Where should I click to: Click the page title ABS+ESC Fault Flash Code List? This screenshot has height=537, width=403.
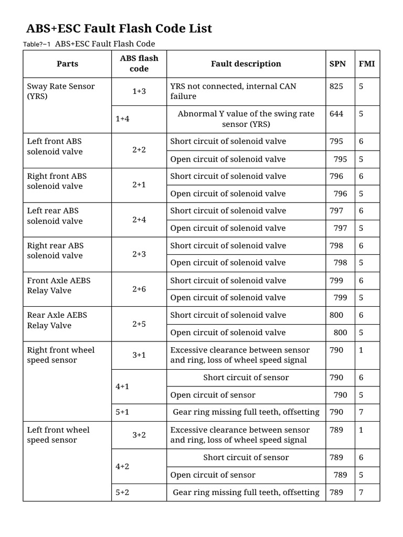point(119,28)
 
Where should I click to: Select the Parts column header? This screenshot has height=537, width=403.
point(67,64)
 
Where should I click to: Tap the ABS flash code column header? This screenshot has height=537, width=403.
point(139,63)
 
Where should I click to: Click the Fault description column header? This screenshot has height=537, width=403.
point(246,64)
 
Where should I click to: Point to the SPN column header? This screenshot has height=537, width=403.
point(337,64)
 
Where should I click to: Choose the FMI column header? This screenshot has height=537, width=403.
point(367,64)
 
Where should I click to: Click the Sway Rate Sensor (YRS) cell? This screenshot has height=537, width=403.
point(61,91)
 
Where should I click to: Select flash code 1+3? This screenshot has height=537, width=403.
point(139,91)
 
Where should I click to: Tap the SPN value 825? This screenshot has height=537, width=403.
point(336,86)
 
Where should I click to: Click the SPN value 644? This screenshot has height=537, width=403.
point(336,113)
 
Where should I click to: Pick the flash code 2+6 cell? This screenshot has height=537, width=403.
point(139,289)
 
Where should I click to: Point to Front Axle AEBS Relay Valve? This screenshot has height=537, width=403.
point(59,285)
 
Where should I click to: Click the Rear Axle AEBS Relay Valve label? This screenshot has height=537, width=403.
point(57,320)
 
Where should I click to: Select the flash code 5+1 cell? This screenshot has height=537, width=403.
point(122,412)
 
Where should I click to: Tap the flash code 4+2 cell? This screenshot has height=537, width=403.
point(122,466)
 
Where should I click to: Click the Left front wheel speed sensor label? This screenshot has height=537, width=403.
point(58,435)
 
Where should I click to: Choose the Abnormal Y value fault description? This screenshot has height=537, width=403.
point(246,119)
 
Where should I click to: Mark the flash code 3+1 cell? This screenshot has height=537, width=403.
point(139,355)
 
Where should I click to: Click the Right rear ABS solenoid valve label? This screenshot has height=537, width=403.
point(55,251)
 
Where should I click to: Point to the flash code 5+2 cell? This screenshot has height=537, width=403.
point(122,492)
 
